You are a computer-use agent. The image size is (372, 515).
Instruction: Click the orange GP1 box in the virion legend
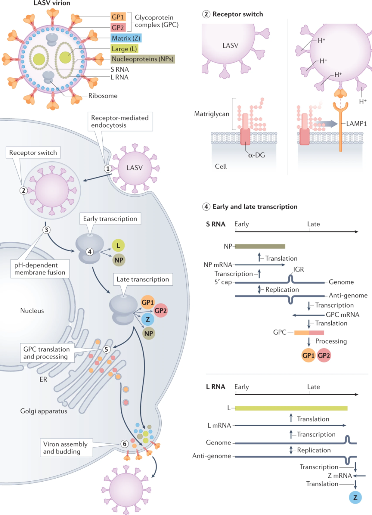pos(118,17)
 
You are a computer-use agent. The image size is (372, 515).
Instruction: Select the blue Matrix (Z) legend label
pos(126,38)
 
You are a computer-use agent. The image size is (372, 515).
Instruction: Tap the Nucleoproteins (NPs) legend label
pos(143,59)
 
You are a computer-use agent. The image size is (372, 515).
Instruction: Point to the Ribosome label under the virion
pos(103,96)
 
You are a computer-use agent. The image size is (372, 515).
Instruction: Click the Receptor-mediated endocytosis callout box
pos(120,121)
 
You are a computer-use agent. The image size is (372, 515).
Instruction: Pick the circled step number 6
pos(124,444)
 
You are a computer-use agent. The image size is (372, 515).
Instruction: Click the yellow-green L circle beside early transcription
pos(118,245)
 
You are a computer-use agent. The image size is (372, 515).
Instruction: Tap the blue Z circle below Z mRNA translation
pos(355,498)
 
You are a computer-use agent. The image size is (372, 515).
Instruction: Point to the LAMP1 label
pos(356,124)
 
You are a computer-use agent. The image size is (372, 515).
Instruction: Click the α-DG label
pos(257,155)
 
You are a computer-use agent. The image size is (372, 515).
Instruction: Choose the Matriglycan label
pos(212,114)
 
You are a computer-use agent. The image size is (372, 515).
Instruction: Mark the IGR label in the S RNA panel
pos(298,270)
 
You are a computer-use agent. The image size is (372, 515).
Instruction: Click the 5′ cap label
pos(223,282)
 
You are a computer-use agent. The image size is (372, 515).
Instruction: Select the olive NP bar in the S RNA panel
pos(260,246)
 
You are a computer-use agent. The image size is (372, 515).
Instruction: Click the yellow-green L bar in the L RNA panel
pos(291,408)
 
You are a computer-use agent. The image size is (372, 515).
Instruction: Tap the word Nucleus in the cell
pos(32,311)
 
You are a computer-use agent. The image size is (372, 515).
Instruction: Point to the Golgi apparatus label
pos(43,411)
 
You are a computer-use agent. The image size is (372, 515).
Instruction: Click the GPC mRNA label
pos(343,315)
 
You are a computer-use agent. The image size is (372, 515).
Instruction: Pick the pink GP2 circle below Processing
pos(324,356)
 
